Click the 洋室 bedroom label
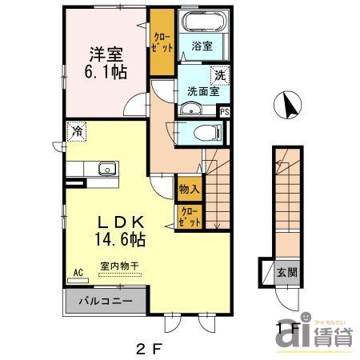click(x=106, y=54)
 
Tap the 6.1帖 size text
click(x=105, y=72)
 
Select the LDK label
click(x=121, y=222)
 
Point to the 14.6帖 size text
click(x=121, y=238)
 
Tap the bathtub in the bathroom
click(x=202, y=22)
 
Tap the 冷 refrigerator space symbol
click(x=78, y=130)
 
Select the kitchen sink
click(x=104, y=170)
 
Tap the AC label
click(x=78, y=272)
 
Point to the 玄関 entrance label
click(x=287, y=273)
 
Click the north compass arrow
click(x=287, y=104)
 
